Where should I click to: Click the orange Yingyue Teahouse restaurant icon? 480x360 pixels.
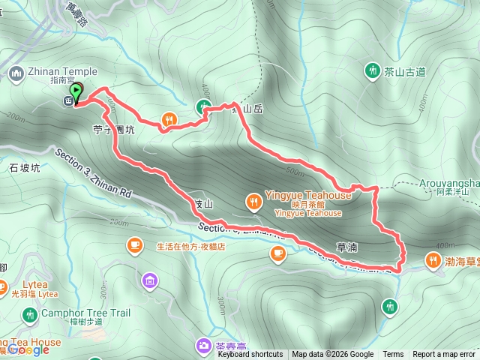pyautogui.click(x=255, y=201)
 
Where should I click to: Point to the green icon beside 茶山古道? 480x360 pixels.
pyautogui.click(x=371, y=71)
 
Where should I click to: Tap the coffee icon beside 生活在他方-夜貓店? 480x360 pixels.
pyautogui.click(x=135, y=245)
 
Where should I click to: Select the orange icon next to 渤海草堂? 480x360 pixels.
pyautogui.click(x=433, y=261)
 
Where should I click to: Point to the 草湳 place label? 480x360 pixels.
pyautogui.click(x=346, y=247)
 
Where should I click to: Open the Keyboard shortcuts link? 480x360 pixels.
pyautogui.click(x=250, y=355)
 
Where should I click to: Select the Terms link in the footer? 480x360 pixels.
pyautogui.click(x=393, y=355)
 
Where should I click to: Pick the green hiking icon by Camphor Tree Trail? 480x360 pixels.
pyautogui.click(x=30, y=314)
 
